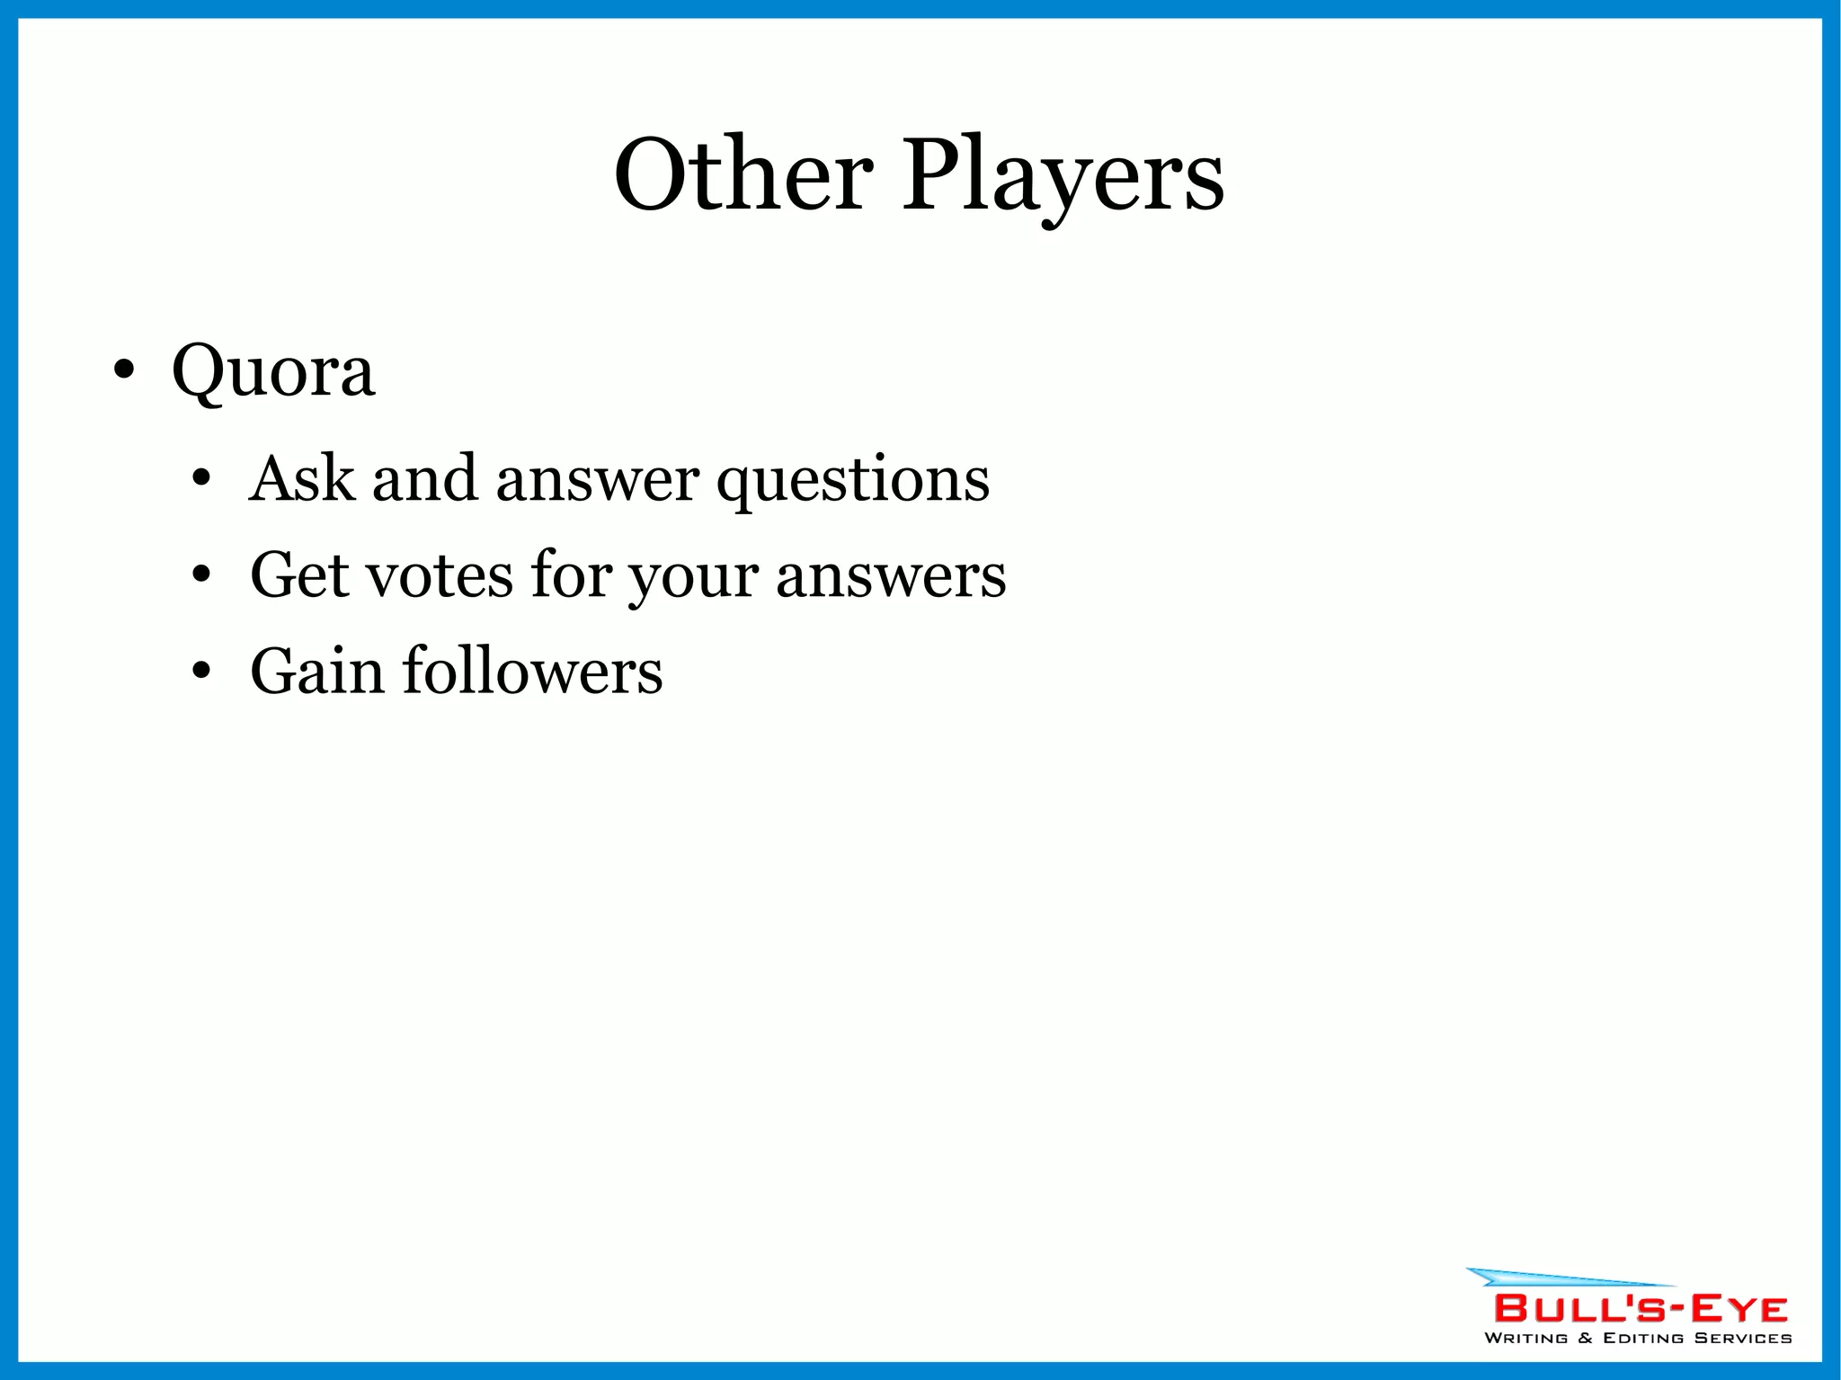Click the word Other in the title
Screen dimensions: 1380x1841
743,174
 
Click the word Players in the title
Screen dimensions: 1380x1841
1063,174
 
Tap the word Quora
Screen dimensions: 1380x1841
272,370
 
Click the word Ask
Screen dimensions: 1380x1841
302,478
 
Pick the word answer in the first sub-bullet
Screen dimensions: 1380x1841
598,480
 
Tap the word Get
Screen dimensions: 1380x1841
299,575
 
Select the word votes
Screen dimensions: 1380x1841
440,576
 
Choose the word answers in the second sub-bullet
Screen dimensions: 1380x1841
891,576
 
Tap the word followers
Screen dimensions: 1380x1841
532,672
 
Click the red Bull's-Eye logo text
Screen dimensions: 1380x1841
1641,1309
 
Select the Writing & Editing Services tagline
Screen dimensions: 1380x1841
1638,1338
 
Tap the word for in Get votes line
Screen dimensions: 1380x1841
571,575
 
